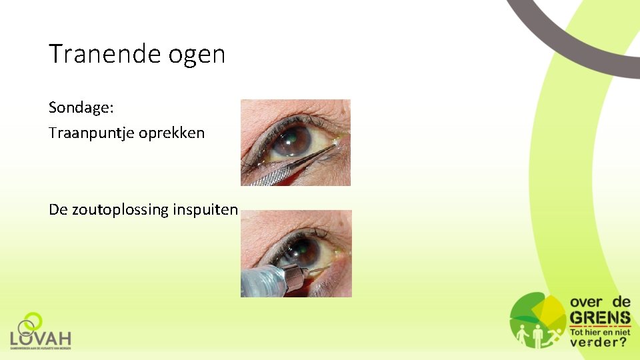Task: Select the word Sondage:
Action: pyautogui.click(x=81, y=108)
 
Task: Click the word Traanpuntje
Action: pyautogui.click(x=91, y=133)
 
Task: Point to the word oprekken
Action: pyautogui.click(x=172, y=133)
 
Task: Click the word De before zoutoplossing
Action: pyautogui.click(x=57, y=209)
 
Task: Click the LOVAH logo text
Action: pyautogui.click(x=41, y=338)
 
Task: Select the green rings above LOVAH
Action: pyautogui.click(x=30, y=323)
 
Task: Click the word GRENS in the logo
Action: pyautogui.click(x=600, y=317)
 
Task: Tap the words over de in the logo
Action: pyautogui.click(x=600, y=302)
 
